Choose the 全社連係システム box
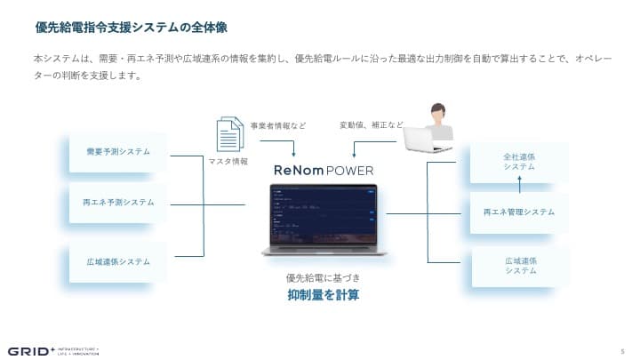519,162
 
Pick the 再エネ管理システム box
519,212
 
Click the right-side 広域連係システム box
519,265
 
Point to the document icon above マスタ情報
229,136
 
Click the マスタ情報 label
228,163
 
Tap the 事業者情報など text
278,125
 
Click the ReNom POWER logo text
323,170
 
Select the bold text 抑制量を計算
323,295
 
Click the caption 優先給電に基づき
323,277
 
